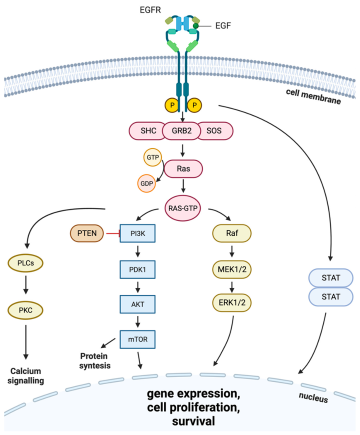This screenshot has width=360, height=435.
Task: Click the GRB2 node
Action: (181, 130)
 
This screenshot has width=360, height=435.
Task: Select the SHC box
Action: (146, 130)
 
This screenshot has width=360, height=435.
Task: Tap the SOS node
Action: (215, 130)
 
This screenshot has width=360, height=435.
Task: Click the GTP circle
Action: (152, 157)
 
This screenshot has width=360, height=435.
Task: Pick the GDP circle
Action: (146, 183)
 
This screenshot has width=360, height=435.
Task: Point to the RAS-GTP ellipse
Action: (183, 208)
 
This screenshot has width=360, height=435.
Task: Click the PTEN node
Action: (87, 233)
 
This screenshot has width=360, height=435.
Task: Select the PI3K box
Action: (137, 233)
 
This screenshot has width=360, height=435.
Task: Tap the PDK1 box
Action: (137, 269)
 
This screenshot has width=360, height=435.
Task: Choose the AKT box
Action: (137, 304)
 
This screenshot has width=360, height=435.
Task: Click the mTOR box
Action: (137, 339)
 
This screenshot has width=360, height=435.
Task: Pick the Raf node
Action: (232, 233)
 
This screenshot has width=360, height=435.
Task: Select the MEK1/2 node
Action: (232, 269)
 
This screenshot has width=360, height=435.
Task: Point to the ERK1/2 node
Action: (232, 302)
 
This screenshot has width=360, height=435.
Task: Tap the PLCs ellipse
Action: (25, 263)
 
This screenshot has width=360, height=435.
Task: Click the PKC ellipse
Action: (25, 310)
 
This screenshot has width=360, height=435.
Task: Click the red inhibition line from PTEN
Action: (113, 233)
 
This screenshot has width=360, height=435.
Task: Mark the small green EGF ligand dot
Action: (196, 26)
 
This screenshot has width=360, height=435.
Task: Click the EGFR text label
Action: (150, 10)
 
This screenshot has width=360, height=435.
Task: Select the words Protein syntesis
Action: (94, 360)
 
